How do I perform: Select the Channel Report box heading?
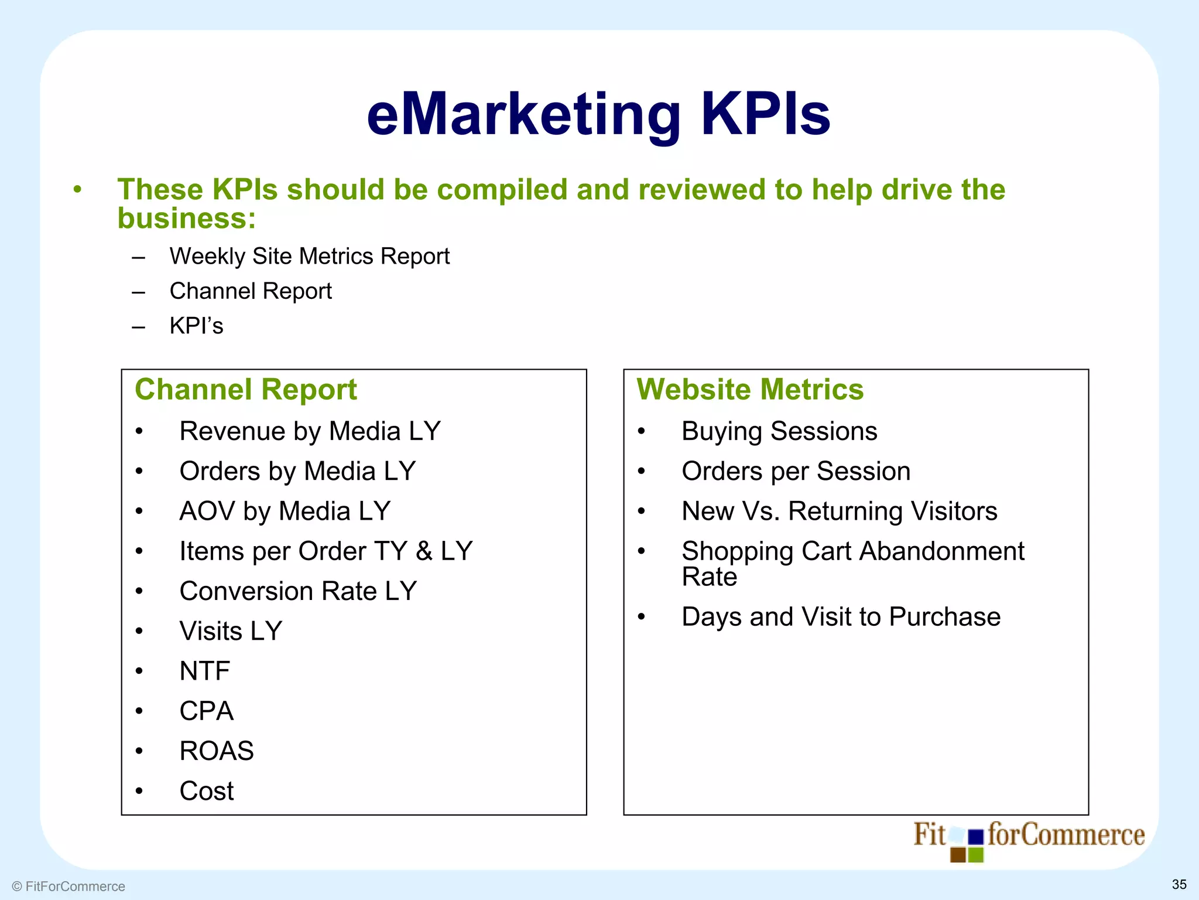click(245, 390)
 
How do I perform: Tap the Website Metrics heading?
click(750, 390)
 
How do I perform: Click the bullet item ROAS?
click(217, 751)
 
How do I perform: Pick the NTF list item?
click(205, 671)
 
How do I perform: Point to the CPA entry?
click(207, 711)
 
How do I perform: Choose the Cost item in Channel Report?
click(207, 791)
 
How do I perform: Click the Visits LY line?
click(231, 631)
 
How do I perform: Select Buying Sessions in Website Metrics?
click(779, 431)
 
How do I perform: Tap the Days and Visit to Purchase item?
click(841, 617)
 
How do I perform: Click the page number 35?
click(1179, 884)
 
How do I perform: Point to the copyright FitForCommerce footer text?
click(68, 887)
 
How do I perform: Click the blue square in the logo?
click(975, 837)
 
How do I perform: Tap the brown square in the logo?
click(958, 855)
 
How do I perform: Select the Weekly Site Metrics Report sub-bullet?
click(309, 257)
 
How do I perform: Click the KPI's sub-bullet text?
click(196, 326)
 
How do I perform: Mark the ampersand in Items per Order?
click(424, 551)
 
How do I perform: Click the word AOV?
click(207, 512)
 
